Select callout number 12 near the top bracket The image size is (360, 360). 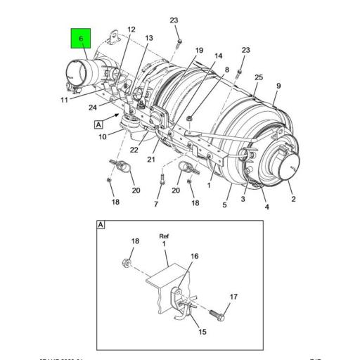point(131,30)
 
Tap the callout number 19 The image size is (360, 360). point(199,50)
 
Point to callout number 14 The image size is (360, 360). point(218,56)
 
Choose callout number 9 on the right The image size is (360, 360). point(278,86)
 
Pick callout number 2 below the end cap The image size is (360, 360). point(293,199)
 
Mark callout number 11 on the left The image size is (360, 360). point(63,101)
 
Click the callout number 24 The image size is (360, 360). point(93,107)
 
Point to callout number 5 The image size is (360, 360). point(224,205)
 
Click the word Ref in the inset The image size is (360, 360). point(164,237)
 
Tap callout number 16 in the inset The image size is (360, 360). point(195,257)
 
